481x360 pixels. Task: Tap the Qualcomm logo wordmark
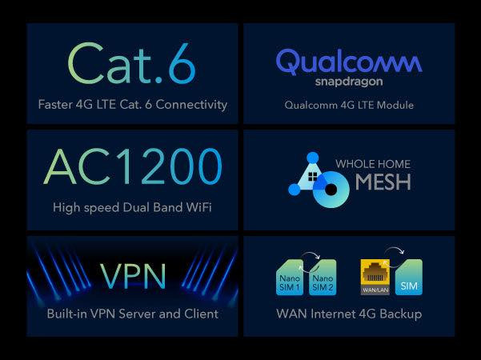point(349,61)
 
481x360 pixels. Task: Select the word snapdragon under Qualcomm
point(349,82)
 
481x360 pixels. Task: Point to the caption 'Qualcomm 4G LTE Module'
point(349,105)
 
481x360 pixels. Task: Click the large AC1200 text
point(133,167)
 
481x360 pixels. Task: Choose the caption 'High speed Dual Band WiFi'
point(132,207)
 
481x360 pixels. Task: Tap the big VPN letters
point(133,274)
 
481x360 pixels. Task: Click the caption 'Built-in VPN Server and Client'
point(132,313)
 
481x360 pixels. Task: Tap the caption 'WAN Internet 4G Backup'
point(349,313)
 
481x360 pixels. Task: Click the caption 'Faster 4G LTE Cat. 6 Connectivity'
point(132,105)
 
